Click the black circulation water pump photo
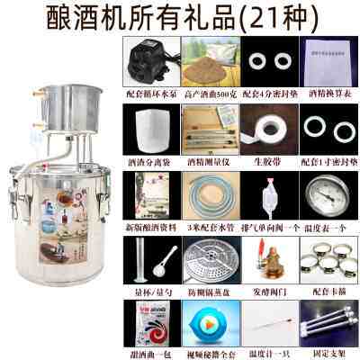[148, 57]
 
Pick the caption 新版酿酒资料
[148, 222]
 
